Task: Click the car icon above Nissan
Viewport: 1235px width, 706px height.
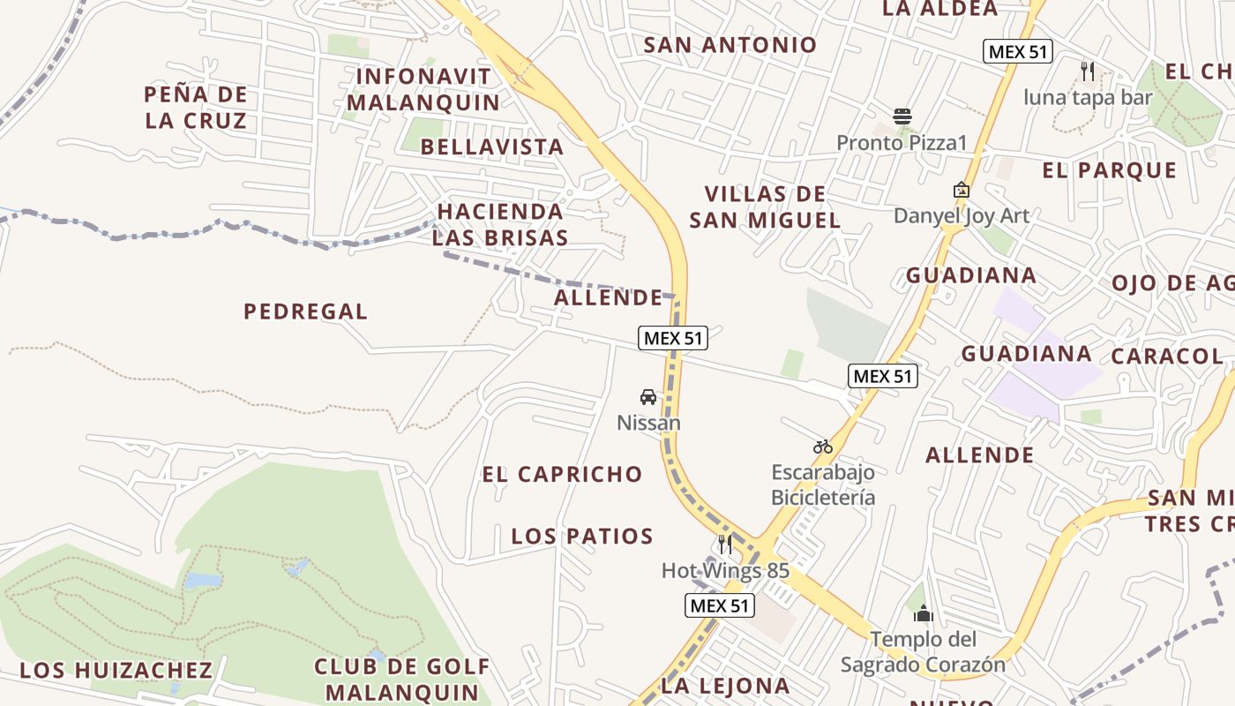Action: click(648, 397)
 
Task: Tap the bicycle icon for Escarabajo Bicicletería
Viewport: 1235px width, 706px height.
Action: click(823, 447)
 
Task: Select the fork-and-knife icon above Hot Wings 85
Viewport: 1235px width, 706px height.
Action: click(725, 544)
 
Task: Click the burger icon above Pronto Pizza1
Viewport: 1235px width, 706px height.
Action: click(902, 116)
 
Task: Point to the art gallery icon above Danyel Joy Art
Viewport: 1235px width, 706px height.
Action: click(961, 190)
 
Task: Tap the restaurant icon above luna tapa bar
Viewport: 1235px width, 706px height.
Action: click(1088, 71)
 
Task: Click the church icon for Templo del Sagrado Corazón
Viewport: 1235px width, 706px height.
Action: click(924, 613)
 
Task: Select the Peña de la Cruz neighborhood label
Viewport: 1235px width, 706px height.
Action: click(196, 107)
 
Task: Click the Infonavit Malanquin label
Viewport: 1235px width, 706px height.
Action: click(423, 89)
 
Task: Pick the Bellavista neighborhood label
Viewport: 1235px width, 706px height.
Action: click(492, 146)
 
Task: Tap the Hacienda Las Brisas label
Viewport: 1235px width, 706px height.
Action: click(500, 224)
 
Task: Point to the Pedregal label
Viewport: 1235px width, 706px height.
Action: click(305, 312)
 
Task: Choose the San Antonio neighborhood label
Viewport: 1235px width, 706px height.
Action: click(730, 45)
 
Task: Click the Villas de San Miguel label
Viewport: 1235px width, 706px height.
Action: click(765, 207)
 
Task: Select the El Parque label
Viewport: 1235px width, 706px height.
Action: click(1110, 170)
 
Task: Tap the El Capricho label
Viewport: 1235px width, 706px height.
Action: click(562, 474)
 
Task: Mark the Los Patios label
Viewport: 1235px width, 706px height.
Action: click(582, 536)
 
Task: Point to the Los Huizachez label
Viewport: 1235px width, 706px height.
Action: click(116, 670)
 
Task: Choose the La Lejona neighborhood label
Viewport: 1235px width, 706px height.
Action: click(725, 685)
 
